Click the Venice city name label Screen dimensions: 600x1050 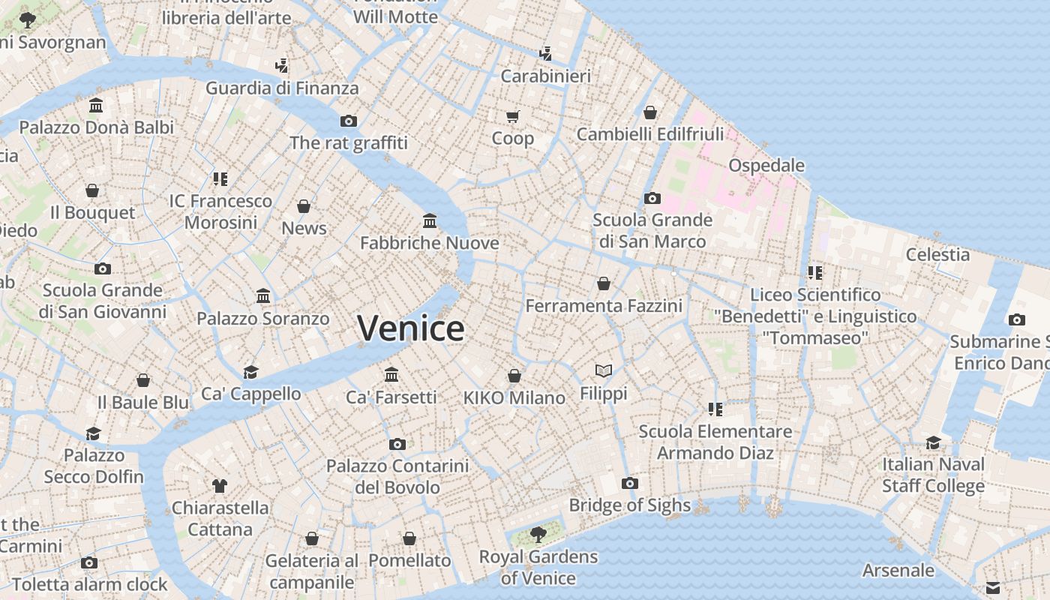pyautogui.click(x=410, y=328)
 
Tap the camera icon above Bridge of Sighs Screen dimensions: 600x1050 pyautogui.click(x=630, y=483)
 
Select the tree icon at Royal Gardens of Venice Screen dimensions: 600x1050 pyautogui.click(x=538, y=534)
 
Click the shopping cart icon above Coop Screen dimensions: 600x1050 pyautogui.click(x=513, y=116)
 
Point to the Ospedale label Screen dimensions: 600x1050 pyautogui.click(x=766, y=165)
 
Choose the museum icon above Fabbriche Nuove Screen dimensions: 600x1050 pyautogui.click(x=430, y=220)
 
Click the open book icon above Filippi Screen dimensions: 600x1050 pyautogui.click(x=604, y=370)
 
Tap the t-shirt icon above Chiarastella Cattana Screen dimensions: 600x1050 pyautogui.click(x=219, y=485)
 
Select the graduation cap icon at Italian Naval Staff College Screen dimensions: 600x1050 pyautogui.click(x=933, y=442)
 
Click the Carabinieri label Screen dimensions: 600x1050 pyautogui.click(x=546, y=76)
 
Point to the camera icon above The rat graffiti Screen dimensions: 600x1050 pyautogui.click(x=349, y=121)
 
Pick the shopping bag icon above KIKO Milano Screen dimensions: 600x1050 pyautogui.click(x=514, y=375)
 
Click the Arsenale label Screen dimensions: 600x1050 pyautogui.click(x=898, y=570)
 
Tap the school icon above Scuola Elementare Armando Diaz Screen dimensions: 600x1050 pyautogui.click(x=715, y=409)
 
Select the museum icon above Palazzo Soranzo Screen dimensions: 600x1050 pyautogui.click(x=263, y=295)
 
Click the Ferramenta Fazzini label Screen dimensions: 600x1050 pyautogui.click(x=604, y=306)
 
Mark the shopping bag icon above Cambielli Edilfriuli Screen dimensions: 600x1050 pyautogui.click(x=650, y=112)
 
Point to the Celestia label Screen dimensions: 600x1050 pyautogui.click(x=937, y=254)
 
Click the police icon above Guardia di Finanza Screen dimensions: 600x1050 pyautogui.click(x=282, y=66)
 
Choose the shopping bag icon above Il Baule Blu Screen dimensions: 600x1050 pyautogui.click(x=143, y=380)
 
